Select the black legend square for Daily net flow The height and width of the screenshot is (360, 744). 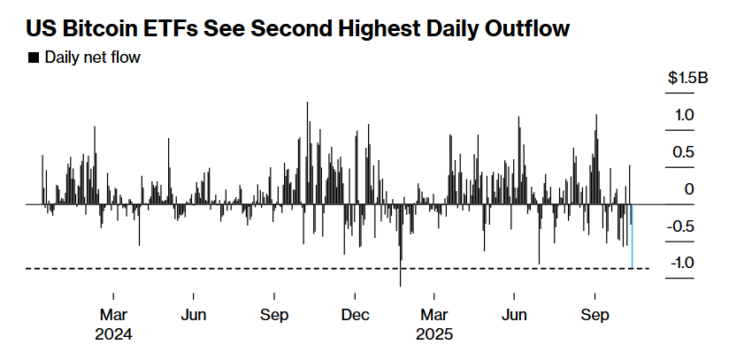pos(33,58)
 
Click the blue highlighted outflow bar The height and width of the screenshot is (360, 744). pos(632,236)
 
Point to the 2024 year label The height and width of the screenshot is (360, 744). pos(115,335)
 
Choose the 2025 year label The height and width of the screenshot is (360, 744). pos(434,335)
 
